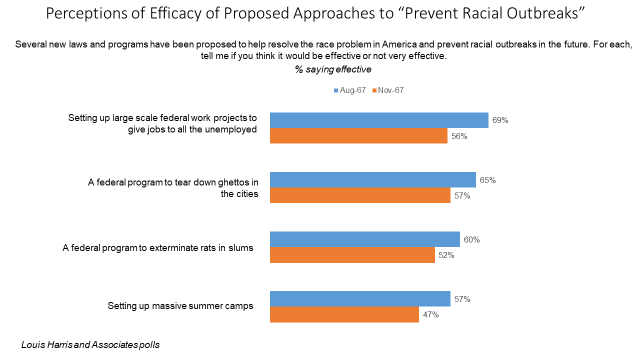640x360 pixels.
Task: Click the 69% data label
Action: pyautogui.click(x=500, y=121)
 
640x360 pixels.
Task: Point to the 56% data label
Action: pyautogui.click(x=459, y=136)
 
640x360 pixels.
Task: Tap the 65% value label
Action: pyautogui.click(x=487, y=180)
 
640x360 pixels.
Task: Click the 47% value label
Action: pyautogui.click(x=430, y=315)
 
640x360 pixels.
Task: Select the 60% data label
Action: pyautogui.click(x=471, y=239)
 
